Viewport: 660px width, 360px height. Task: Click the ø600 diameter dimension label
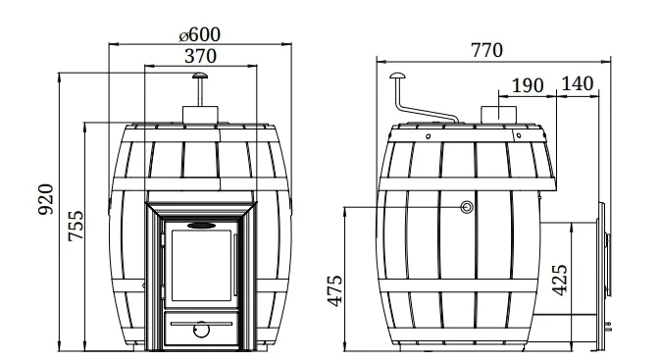(x=199, y=34)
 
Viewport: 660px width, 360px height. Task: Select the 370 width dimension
(x=200, y=56)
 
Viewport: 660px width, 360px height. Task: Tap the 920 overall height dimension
(x=46, y=199)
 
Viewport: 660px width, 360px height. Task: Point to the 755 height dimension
(x=76, y=226)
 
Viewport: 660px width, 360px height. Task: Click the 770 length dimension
(x=486, y=50)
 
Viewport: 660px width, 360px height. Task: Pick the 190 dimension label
(x=528, y=85)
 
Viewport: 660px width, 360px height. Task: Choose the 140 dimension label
(x=578, y=83)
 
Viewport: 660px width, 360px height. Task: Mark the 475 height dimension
(x=334, y=290)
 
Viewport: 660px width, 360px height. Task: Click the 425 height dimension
(x=559, y=280)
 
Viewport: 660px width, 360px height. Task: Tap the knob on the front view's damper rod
(x=199, y=76)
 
